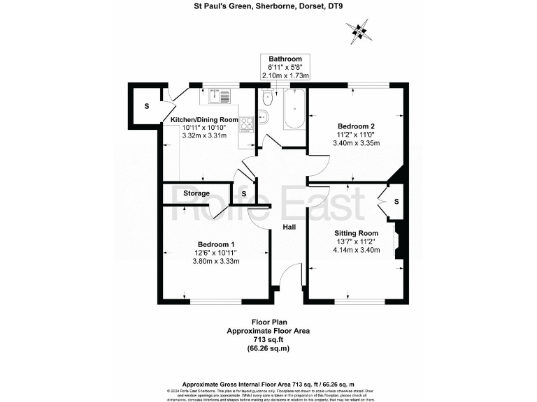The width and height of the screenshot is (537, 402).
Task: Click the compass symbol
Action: point(360,31)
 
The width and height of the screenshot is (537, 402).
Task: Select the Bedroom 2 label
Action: point(355,126)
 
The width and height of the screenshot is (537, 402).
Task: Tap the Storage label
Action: point(196,193)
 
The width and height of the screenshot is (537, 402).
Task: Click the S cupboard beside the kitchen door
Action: point(146,107)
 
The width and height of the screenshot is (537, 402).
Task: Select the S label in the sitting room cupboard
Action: point(396,202)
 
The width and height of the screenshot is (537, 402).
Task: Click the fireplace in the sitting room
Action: point(399,241)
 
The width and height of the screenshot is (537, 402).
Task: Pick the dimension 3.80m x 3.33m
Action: point(216,262)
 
